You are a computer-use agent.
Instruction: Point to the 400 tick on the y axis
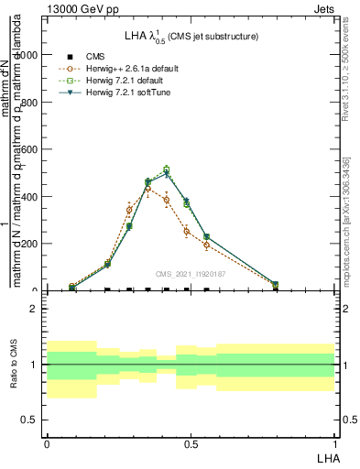point(31,196)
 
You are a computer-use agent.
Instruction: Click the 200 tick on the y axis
point(31,244)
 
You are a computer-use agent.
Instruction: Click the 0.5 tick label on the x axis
point(191,442)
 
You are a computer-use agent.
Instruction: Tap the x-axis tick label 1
point(335,442)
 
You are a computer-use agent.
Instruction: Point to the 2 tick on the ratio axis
point(35,309)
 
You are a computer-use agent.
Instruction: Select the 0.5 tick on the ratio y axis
point(31,420)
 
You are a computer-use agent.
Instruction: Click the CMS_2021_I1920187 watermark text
point(191,274)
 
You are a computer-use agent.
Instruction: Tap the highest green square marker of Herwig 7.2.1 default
point(167,169)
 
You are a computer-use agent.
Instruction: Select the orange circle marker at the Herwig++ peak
point(147,188)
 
